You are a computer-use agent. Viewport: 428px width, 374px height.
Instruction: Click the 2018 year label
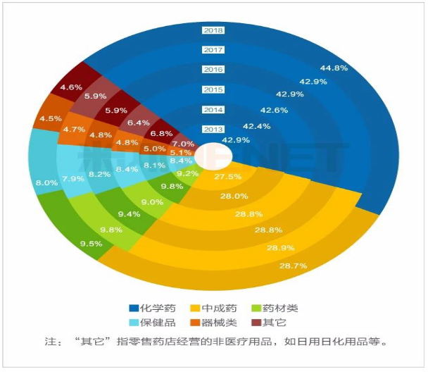click(213, 30)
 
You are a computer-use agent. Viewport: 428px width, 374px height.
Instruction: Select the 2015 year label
click(213, 89)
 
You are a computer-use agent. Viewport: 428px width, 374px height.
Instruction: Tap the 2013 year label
click(213, 130)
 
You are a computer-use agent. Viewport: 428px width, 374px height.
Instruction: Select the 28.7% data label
click(294, 266)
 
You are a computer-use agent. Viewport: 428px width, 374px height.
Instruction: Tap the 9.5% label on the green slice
click(92, 244)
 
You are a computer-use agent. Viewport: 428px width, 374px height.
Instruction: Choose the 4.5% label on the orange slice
click(50, 119)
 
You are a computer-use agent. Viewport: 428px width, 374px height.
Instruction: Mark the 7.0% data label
click(182, 143)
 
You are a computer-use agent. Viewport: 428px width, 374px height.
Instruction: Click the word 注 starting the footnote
click(50, 342)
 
